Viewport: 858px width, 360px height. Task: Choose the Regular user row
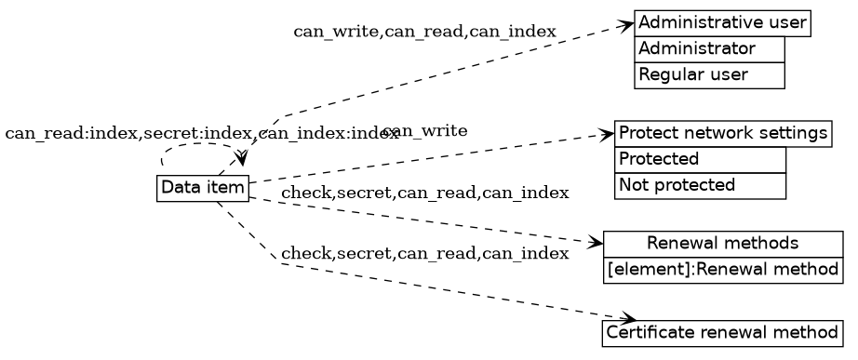pos(709,74)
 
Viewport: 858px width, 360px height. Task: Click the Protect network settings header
pos(722,133)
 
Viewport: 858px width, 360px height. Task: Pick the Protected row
pos(700,159)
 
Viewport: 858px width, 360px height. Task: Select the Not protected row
pos(700,185)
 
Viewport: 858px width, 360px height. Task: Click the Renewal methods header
pos(722,244)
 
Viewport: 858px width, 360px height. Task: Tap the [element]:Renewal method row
pos(722,270)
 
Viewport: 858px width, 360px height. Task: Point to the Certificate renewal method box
pos(722,332)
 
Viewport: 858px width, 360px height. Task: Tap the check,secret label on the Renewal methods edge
pos(424,193)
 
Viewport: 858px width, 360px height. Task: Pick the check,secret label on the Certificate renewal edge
pos(424,254)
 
